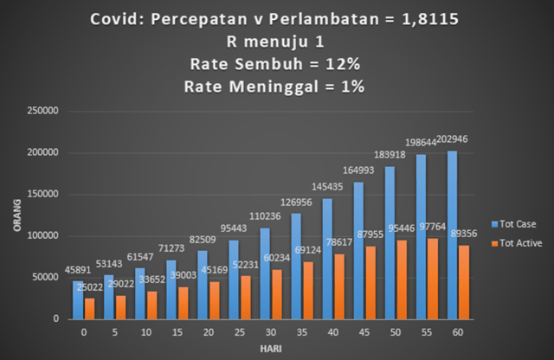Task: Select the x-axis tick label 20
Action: point(209,331)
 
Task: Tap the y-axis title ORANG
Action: point(15,215)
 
